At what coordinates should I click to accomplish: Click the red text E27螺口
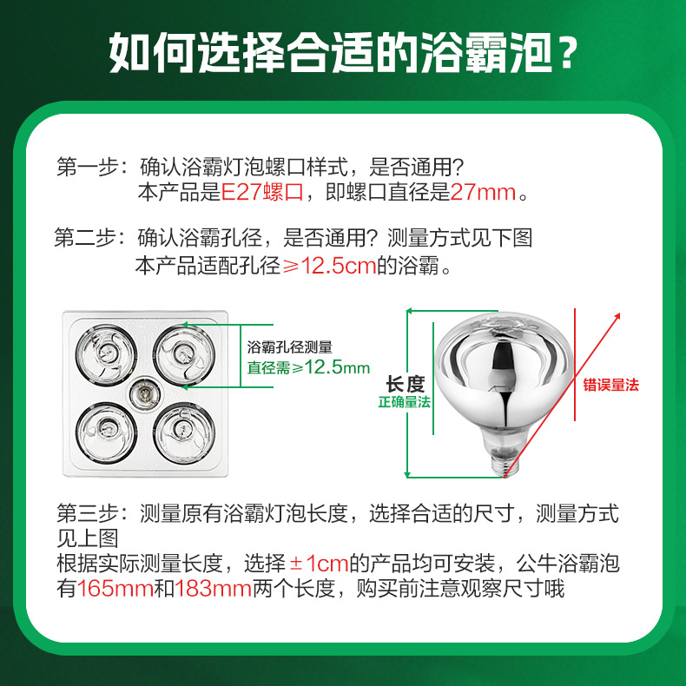click(x=262, y=193)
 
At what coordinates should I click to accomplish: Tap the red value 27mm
click(x=483, y=193)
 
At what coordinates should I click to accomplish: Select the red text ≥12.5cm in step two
click(x=330, y=267)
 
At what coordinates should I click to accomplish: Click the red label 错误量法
click(x=610, y=384)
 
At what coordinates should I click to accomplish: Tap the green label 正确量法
click(x=404, y=402)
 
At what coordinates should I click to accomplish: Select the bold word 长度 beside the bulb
click(x=405, y=384)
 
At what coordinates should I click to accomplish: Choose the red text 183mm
click(x=214, y=590)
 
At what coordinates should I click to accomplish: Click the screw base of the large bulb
click(x=499, y=459)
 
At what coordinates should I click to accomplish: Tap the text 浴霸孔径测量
click(x=290, y=347)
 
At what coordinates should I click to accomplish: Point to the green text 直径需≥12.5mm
click(x=308, y=367)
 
